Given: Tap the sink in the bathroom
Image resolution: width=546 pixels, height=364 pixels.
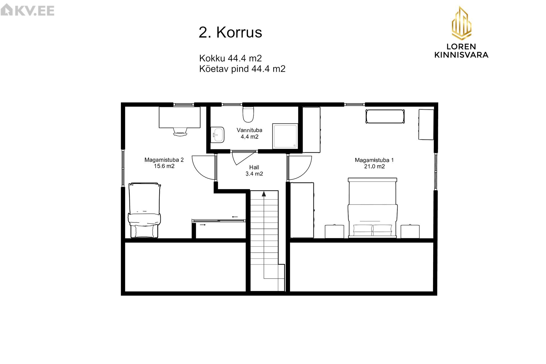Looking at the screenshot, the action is (218, 135).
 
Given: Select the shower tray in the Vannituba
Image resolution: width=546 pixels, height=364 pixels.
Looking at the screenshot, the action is (285, 136).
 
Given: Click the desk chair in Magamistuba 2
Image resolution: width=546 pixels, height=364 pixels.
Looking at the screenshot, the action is (180, 132).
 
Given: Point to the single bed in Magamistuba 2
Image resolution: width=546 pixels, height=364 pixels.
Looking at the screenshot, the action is (144, 210).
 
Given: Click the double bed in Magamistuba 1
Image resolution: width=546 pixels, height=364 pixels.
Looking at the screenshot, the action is (373, 208).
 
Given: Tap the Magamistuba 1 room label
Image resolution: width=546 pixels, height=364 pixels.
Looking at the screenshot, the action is (374, 163).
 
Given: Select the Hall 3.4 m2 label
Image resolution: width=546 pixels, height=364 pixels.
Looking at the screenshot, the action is (254, 171).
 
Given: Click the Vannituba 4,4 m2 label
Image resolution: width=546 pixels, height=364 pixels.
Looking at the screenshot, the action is (249, 133).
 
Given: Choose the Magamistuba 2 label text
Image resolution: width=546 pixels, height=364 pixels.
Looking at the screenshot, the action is (164, 163).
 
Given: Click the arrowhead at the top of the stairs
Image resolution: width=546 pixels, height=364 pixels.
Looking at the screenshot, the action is (264, 194).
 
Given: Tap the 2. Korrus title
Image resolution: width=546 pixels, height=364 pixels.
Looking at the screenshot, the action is (230, 32).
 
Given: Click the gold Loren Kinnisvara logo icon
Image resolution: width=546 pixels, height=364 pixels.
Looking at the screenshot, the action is (461, 23).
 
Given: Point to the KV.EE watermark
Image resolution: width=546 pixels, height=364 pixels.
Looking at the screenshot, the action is (27, 11).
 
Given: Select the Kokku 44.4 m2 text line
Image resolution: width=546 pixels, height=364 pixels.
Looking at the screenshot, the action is (230, 58).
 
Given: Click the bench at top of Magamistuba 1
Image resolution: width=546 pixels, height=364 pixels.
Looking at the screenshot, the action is (385, 116).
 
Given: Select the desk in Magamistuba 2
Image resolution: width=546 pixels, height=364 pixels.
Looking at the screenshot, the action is (179, 117).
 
